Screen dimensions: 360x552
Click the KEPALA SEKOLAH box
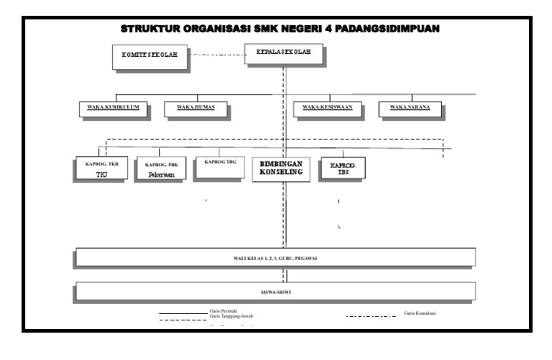283,55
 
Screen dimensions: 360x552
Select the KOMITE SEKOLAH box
150,57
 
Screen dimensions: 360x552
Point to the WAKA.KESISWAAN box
331,108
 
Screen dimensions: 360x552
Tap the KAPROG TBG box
220,166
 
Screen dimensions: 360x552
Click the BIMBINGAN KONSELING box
281,168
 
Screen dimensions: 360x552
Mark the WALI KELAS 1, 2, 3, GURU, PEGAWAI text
275,257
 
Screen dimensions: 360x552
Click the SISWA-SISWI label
275,292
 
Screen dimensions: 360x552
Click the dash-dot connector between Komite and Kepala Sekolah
218,55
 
